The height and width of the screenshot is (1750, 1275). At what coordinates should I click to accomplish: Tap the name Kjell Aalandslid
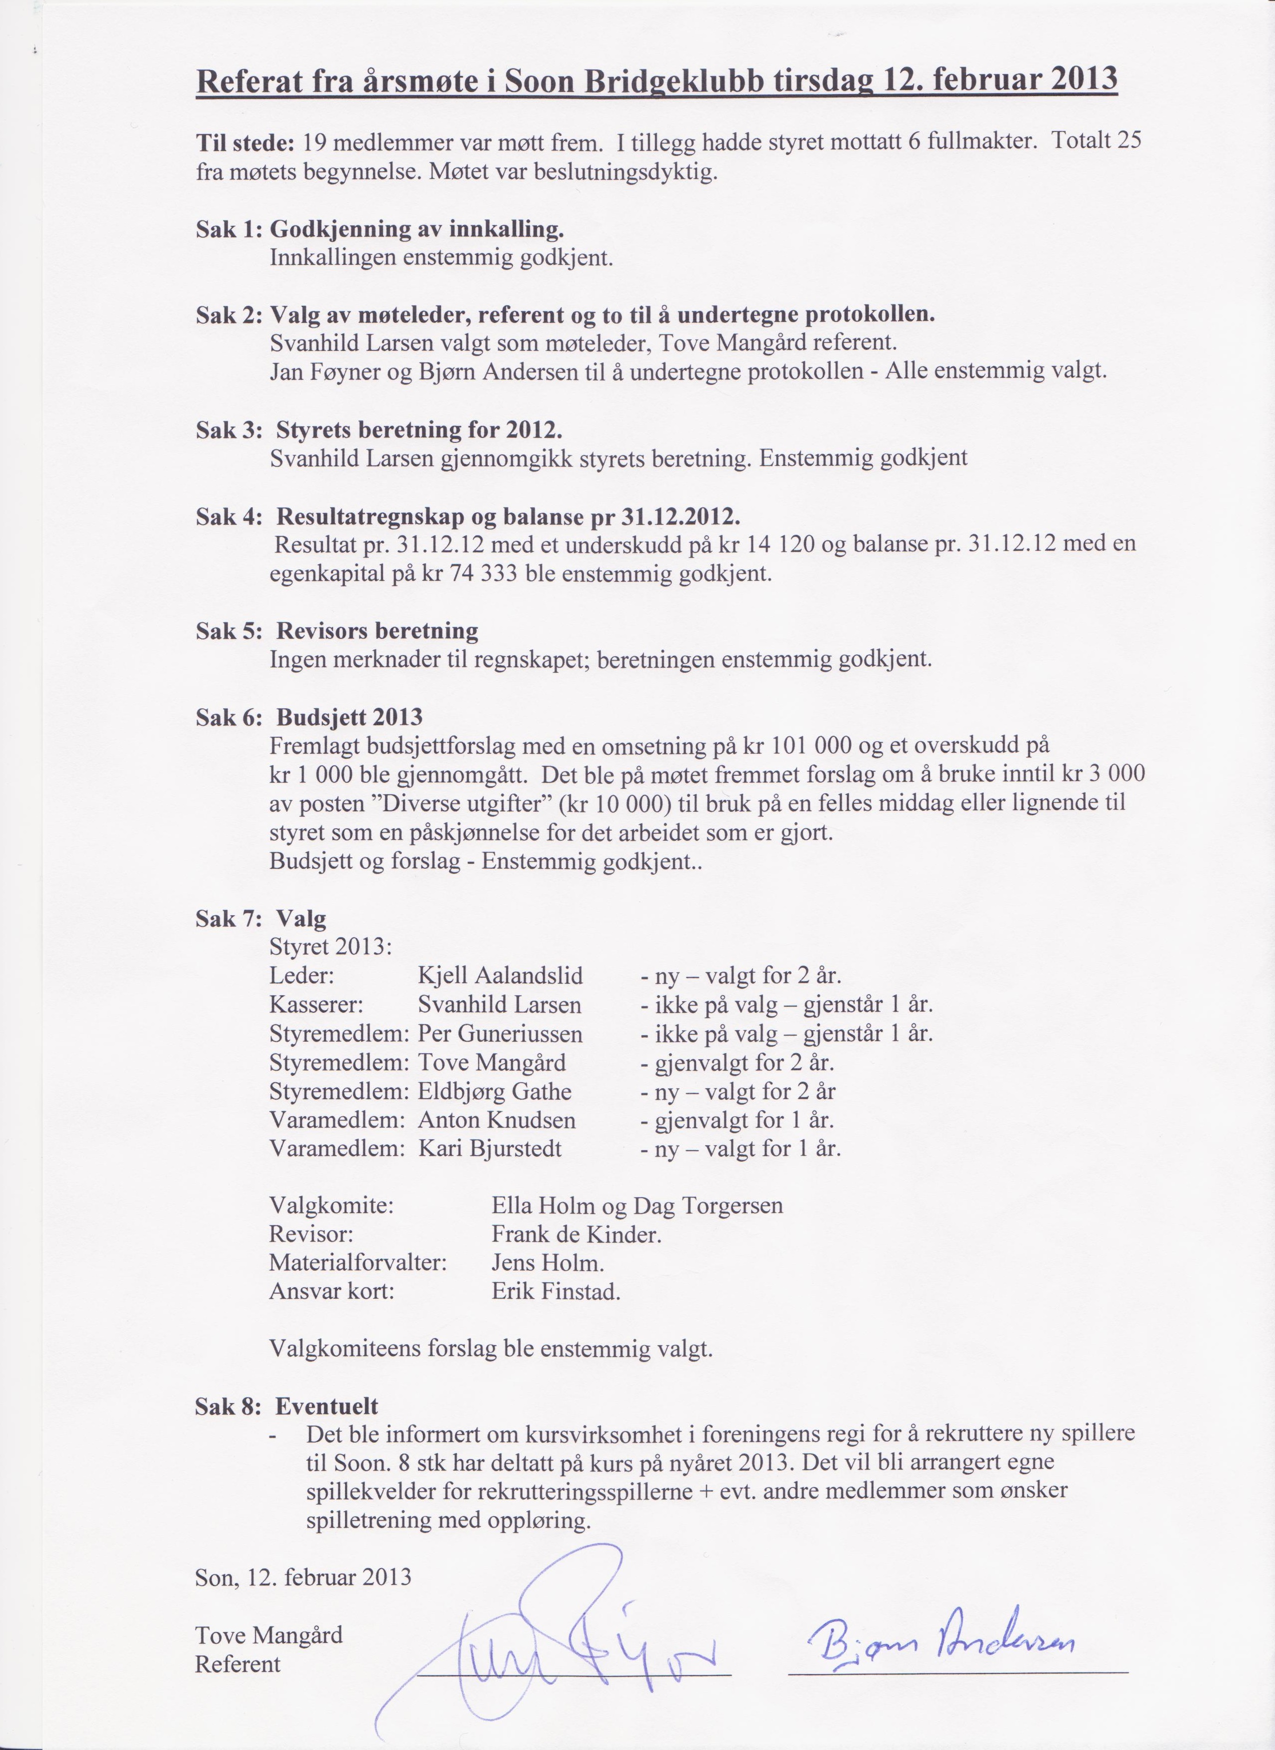[500, 976]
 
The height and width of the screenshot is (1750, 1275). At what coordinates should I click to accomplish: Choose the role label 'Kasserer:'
[316, 1005]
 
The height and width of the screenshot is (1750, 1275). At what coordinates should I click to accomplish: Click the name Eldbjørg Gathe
[494, 1092]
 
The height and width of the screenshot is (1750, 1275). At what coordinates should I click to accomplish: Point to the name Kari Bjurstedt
[490, 1149]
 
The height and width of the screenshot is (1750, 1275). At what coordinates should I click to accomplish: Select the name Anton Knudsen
[497, 1120]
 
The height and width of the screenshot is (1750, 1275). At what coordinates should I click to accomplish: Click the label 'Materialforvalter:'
[358, 1263]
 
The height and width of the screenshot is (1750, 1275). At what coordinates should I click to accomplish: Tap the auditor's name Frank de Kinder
[576, 1235]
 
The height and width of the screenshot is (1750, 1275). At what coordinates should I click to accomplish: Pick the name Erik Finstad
[555, 1292]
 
